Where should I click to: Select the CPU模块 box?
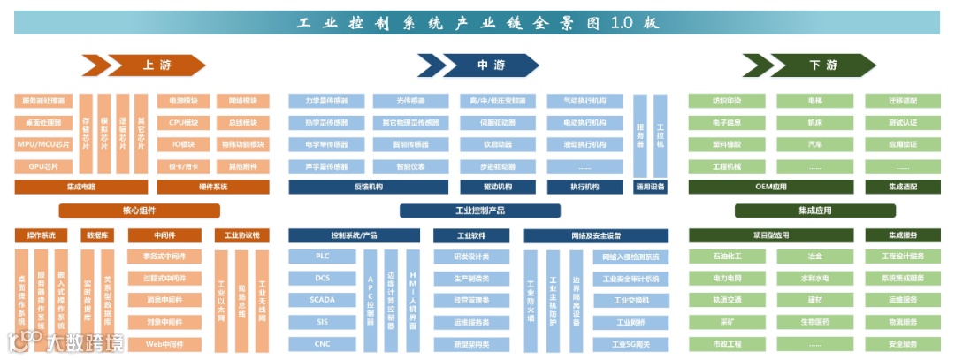point(183,122)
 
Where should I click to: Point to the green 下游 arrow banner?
point(809,65)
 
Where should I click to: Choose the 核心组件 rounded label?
point(139,211)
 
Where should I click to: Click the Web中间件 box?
point(164,343)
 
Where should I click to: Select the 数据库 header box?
point(98,235)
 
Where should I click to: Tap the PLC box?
point(322,257)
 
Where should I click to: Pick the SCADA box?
point(322,300)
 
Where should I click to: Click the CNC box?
point(322,343)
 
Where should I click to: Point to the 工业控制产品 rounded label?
point(479,211)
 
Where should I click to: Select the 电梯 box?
point(814,101)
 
